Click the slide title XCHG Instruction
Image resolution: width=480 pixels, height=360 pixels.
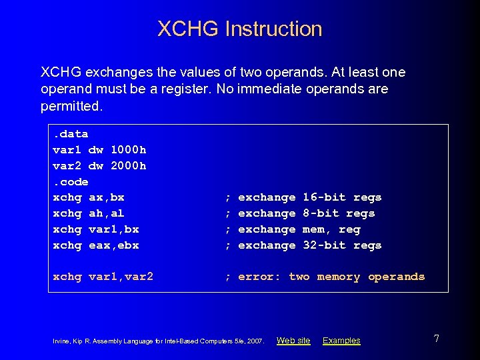click(x=240, y=29)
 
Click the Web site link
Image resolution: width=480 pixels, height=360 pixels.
click(x=293, y=341)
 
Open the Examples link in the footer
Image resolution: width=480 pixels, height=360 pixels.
click(x=341, y=341)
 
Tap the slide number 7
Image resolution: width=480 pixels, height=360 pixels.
click(x=436, y=339)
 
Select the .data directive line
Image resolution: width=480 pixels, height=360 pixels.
click(x=70, y=134)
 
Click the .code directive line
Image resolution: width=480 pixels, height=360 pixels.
click(x=70, y=181)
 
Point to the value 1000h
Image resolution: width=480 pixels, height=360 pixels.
click(x=129, y=149)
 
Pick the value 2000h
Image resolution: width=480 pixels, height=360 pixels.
click(x=129, y=165)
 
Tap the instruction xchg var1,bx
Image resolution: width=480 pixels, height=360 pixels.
click(x=96, y=229)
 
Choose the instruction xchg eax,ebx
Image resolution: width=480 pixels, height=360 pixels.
click(x=96, y=245)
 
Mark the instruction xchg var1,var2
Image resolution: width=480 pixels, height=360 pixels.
click(x=103, y=277)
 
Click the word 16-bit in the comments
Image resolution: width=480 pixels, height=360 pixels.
click(x=324, y=197)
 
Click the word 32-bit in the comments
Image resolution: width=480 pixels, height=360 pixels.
click(x=324, y=245)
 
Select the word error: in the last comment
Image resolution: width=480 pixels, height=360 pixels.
click(x=259, y=277)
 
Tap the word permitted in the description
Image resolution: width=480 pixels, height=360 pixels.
click(x=71, y=106)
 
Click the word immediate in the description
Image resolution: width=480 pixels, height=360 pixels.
click(x=271, y=89)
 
